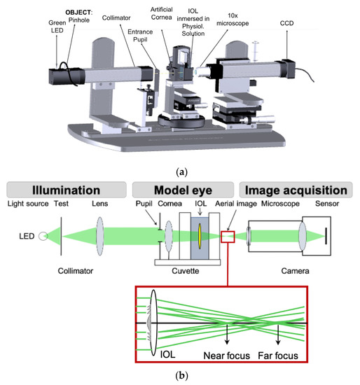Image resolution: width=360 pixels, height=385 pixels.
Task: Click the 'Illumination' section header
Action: pyautogui.click(x=66, y=190)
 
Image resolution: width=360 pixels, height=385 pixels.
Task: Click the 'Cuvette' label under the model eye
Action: pyautogui.click(x=184, y=268)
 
